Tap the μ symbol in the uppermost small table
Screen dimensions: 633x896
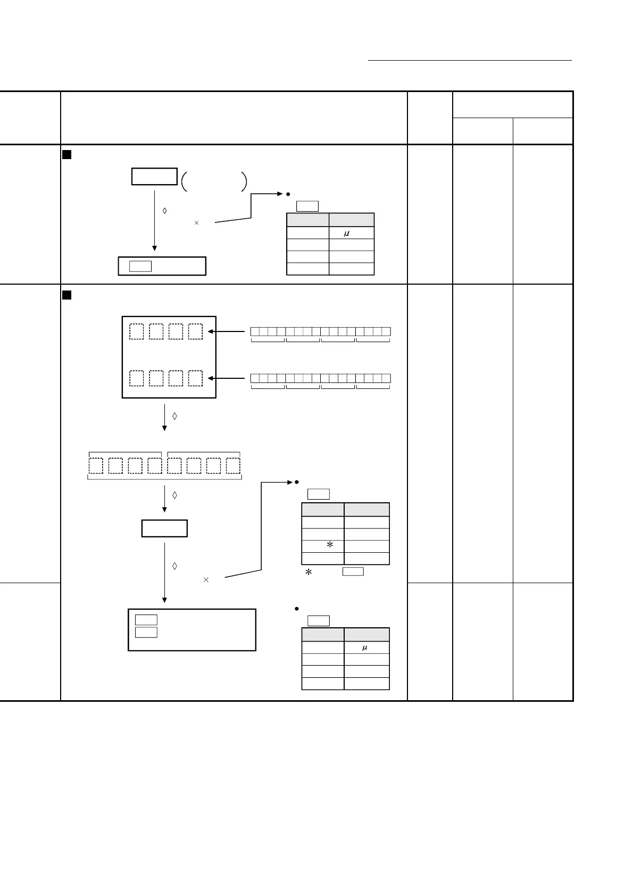[346, 233]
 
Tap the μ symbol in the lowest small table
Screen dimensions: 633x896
[364, 648]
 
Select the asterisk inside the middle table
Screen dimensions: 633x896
[330, 545]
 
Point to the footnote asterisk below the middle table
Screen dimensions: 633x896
[308, 573]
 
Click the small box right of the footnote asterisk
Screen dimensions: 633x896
[353, 572]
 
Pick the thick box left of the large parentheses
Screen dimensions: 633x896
[154, 177]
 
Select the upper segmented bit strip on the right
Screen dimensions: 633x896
[320, 331]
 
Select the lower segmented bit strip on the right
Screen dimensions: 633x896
[320, 378]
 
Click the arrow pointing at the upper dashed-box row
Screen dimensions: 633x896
[229, 331]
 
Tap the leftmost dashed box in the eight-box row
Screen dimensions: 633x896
[96, 466]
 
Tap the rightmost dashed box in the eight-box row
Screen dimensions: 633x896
[234, 466]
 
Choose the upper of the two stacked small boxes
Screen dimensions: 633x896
[146, 620]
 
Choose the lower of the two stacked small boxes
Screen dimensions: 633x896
[146, 632]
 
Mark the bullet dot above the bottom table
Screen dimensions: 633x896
[296, 609]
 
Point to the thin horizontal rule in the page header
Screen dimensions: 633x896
[470, 61]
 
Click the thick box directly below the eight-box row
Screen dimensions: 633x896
[164, 528]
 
